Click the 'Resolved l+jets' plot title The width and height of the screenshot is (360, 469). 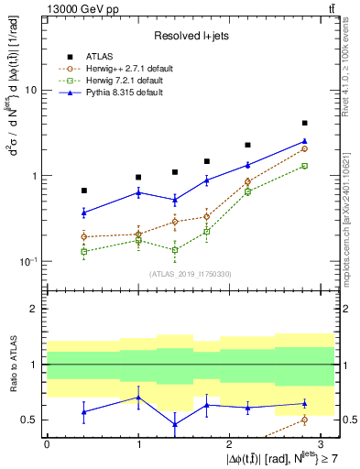(x=190, y=35)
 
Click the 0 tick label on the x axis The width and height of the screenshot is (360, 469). (x=47, y=443)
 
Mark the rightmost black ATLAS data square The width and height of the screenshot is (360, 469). (x=304, y=123)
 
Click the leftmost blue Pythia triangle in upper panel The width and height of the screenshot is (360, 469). (x=84, y=213)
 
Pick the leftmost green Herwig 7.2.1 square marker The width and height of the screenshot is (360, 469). (x=84, y=251)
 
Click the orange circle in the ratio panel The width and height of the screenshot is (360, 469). (x=304, y=420)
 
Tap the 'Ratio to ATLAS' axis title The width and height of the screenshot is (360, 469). (x=14, y=365)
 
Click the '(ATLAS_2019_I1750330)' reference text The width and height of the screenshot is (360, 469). (x=190, y=273)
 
